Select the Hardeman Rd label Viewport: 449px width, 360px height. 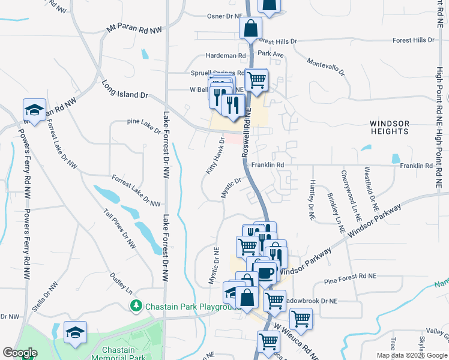(x=226, y=56)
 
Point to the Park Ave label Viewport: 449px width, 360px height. (x=270, y=53)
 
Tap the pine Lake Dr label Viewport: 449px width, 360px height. (x=144, y=125)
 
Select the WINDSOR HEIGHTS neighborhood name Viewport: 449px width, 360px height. (x=389, y=127)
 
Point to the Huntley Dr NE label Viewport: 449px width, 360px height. (x=312, y=200)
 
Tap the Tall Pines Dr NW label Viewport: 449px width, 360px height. (x=120, y=229)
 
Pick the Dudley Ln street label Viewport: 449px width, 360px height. (x=121, y=283)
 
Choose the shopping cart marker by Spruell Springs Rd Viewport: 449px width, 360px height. (x=256, y=79)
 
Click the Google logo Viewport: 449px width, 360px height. (x=20, y=353)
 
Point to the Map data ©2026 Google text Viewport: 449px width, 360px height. (x=411, y=355)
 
